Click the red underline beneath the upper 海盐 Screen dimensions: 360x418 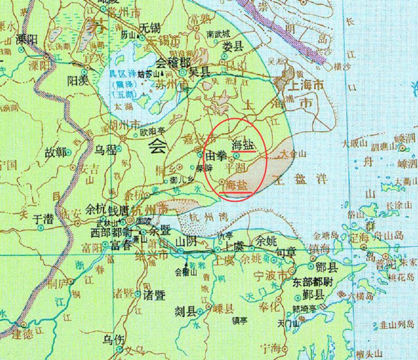pos(244,150)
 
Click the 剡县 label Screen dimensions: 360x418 pos(185,312)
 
